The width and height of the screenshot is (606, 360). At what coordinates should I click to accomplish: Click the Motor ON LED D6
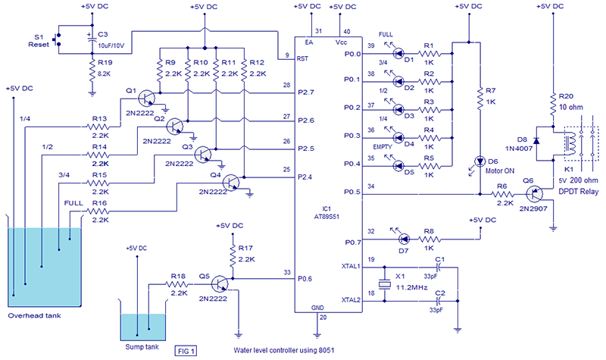[479, 161]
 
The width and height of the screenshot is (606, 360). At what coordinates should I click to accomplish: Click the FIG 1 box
[186, 350]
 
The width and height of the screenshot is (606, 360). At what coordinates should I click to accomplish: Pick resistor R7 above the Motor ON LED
[479, 99]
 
